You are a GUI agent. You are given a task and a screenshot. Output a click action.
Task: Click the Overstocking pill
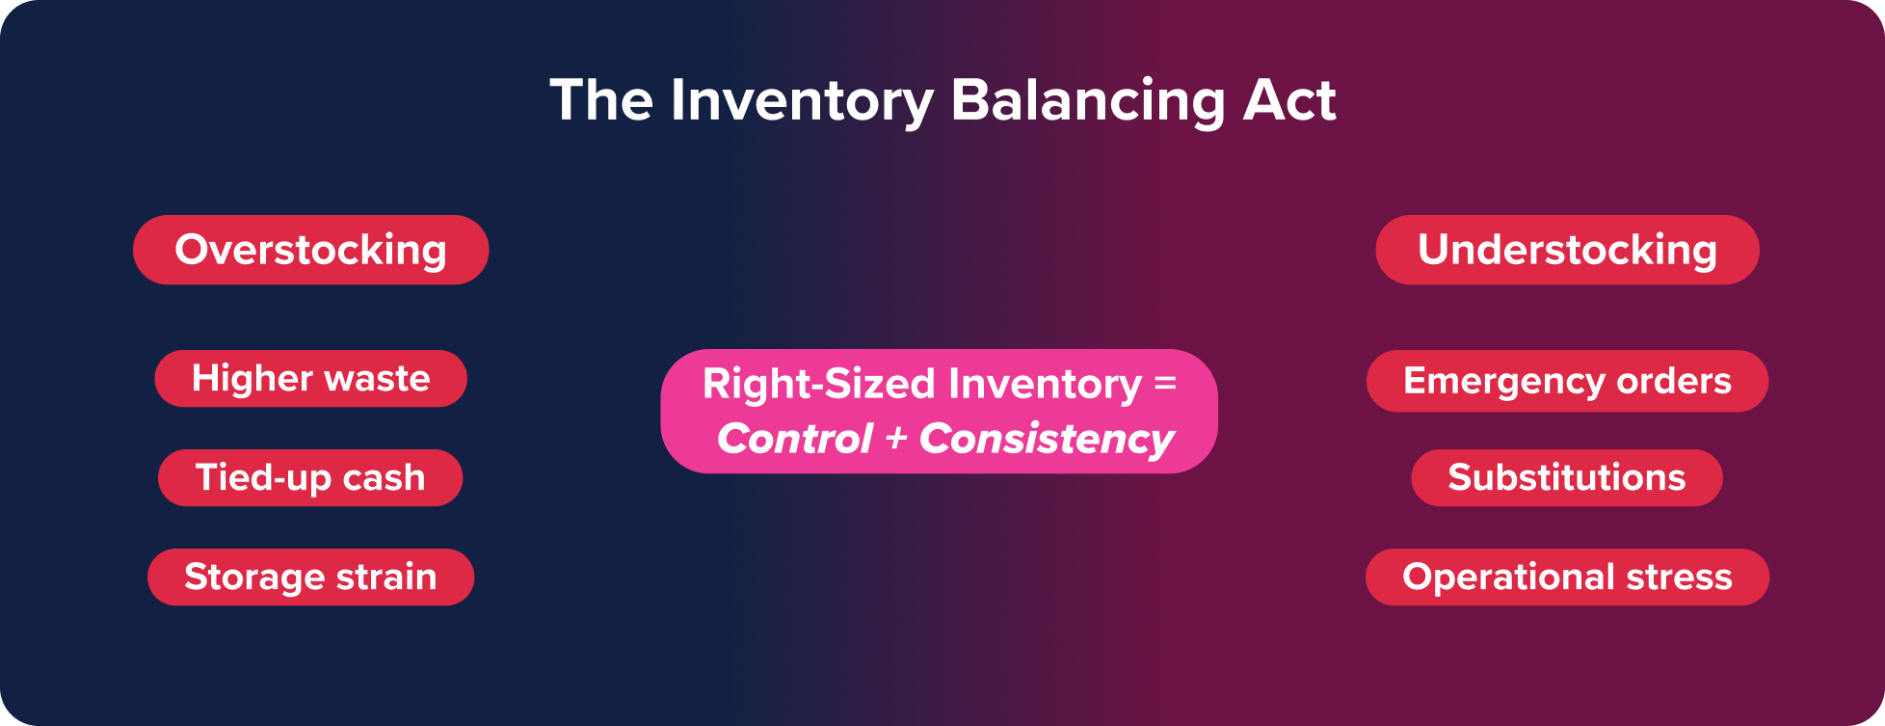[x=310, y=250]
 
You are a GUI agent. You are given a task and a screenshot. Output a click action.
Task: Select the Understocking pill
[x=1567, y=250]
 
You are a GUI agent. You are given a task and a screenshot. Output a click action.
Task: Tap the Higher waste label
[x=310, y=379]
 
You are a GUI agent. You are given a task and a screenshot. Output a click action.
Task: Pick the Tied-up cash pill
[x=310, y=478]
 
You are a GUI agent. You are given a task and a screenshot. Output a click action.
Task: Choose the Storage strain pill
[x=310, y=578]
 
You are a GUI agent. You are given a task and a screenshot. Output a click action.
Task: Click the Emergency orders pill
[x=1567, y=381]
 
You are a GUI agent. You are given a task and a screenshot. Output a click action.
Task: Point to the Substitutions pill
[x=1567, y=478]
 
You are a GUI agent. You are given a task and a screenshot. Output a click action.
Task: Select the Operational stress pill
[x=1567, y=578]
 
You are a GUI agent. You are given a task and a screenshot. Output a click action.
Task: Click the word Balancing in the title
[x=1087, y=101]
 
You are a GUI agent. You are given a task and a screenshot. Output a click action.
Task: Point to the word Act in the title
[x=1289, y=101]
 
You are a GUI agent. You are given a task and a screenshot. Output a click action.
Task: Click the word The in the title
[x=601, y=101]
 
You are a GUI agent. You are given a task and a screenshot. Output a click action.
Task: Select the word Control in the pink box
[x=795, y=440]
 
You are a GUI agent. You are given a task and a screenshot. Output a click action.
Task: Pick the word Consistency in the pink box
[x=1047, y=440]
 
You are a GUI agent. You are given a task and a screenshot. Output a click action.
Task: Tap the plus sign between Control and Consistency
[x=896, y=440]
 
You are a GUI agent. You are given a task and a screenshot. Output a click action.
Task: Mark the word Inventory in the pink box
[x=1045, y=384]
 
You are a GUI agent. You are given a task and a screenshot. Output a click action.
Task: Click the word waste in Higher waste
[x=377, y=379]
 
